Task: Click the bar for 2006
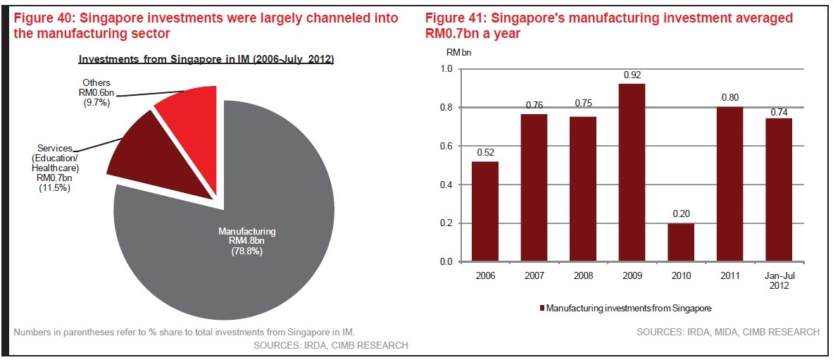[485, 211]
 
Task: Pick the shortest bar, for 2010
[681, 242]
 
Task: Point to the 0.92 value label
[632, 75]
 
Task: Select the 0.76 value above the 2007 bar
[534, 106]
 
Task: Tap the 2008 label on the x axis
[583, 275]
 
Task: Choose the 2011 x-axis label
[729, 275]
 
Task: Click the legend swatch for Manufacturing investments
[541, 308]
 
